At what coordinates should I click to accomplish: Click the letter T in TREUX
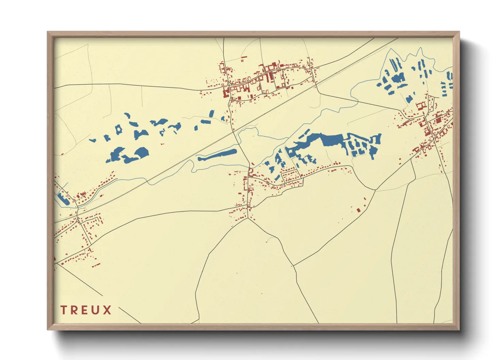(64, 310)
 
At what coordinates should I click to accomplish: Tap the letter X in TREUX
(107, 310)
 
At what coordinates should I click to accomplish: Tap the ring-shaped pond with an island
(119, 129)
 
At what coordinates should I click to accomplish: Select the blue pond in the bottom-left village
(63, 199)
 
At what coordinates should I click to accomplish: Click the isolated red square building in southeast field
(358, 210)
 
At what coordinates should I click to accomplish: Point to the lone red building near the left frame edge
(62, 154)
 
